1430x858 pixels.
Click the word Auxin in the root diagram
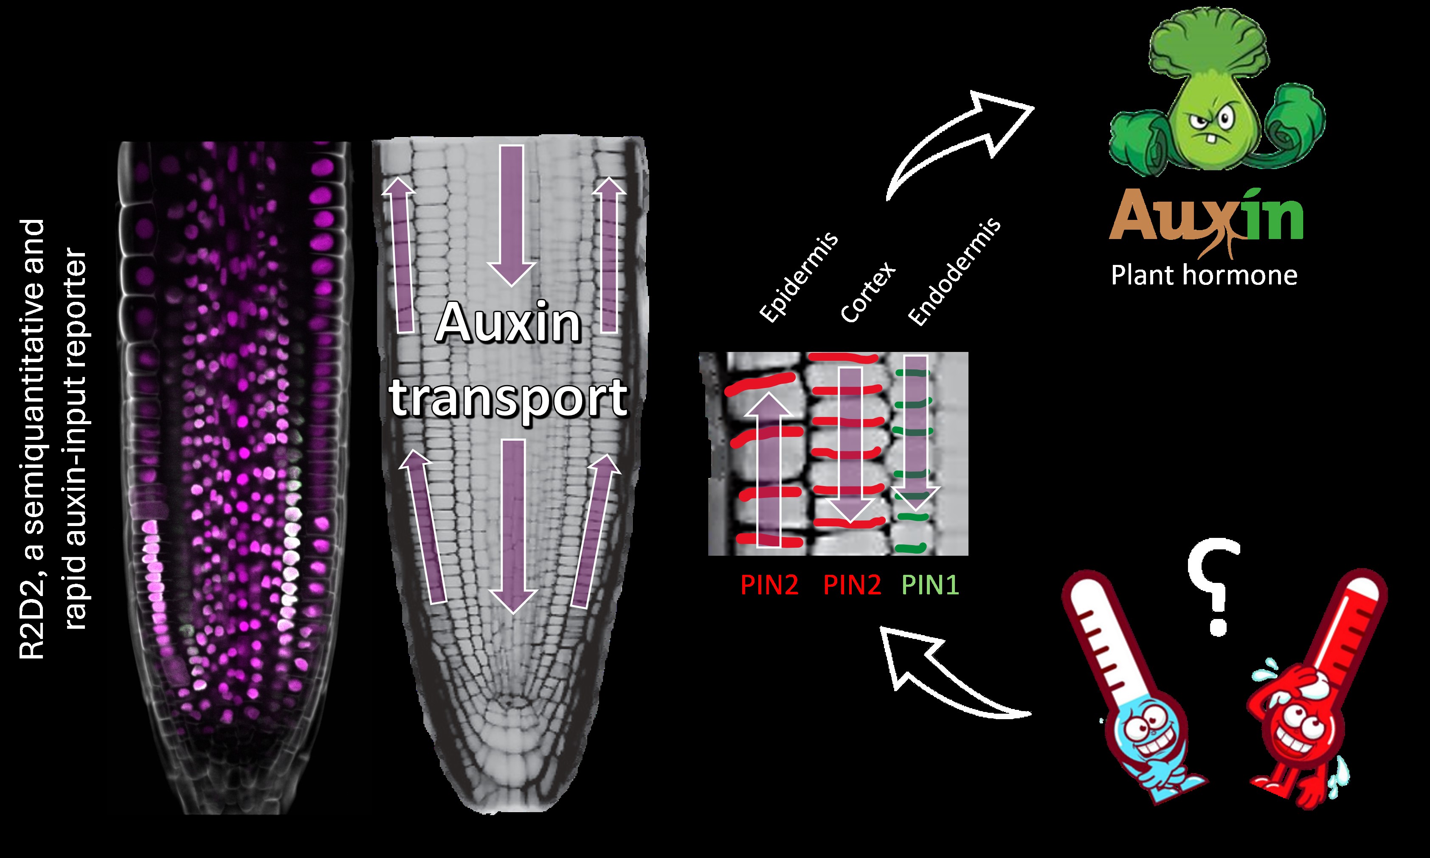tap(508, 323)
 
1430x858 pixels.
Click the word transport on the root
tap(509, 398)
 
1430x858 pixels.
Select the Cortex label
tap(867, 292)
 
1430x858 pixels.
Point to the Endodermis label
tap(954, 272)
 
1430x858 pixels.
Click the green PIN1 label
tap(930, 585)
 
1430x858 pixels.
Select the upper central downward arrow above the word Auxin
tap(511, 214)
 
